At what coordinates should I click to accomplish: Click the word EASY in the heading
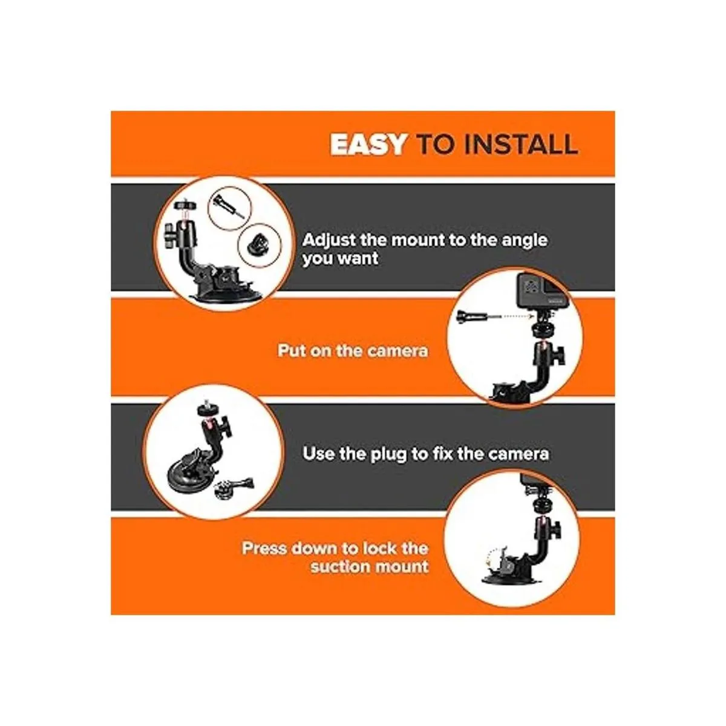click(x=367, y=145)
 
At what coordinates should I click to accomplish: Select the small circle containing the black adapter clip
click(x=260, y=245)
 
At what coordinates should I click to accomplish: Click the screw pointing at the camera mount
click(x=469, y=316)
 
